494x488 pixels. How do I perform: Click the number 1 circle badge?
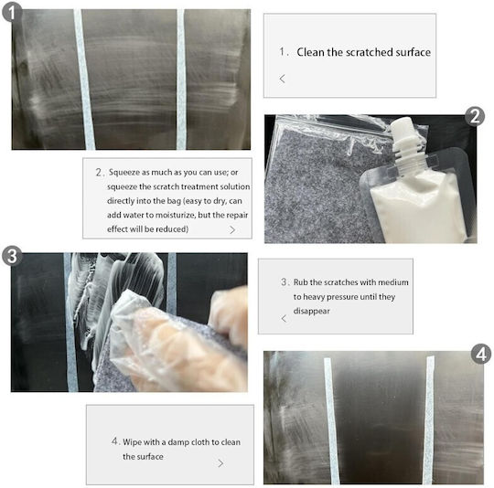tap(12, 12)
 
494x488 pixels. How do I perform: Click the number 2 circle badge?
tap(475, 117)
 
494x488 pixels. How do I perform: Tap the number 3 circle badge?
tap(12, 256)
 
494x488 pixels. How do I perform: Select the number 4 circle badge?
tap(481, 354)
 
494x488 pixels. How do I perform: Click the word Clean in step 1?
tap(311, 52)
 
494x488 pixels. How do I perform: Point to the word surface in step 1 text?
tap(413, 52)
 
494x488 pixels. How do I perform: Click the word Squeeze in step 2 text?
tap(124, 173)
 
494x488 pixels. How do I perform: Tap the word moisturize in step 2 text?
tap(173, 215)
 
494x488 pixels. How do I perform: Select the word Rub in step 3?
tap(301, 282)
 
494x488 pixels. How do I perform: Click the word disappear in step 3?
tap(311, 312)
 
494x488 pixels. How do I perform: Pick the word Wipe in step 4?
tap(132, 442)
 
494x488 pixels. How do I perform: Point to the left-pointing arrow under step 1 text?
tap(283, 79)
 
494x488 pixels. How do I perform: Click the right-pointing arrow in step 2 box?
tap(232, 230)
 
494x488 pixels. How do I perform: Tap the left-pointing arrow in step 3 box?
tap(284, 318)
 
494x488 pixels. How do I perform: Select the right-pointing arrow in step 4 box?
tap(220, 463)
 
